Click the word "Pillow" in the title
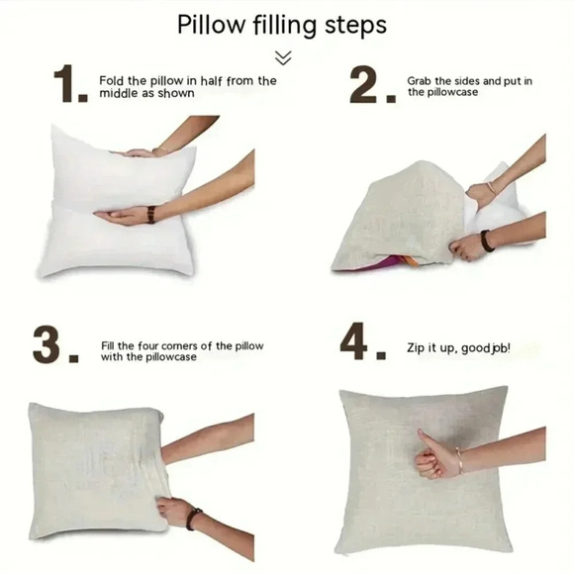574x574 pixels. pyautogui.click(x=211, y=25)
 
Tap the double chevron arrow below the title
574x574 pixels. pyautogui.click(x=283, y=57)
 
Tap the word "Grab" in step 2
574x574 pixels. pyautogui.click(x=420, y=81)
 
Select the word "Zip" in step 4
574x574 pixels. pyautogui.click(x=415, y=347)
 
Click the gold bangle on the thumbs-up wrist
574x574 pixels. pyautogui.click(x=459, y=460)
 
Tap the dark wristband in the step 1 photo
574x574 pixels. pyautogui.click(x=150, y=215)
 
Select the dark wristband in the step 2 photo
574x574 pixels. pyautogui.click(x=487, y=240)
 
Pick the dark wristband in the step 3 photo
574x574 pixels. pyautogui.click(x=193, y=520)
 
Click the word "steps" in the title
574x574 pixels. pyautogui.click(x=355, y=26)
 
